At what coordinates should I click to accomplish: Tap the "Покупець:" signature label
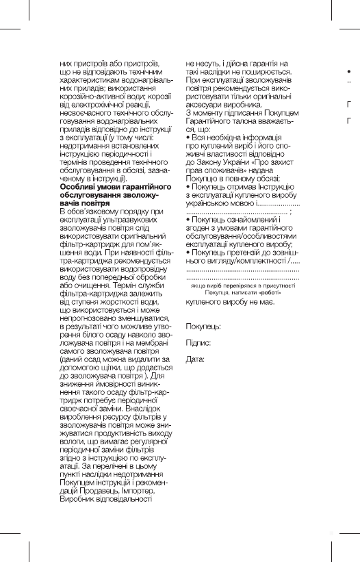[x=203, y=327]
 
